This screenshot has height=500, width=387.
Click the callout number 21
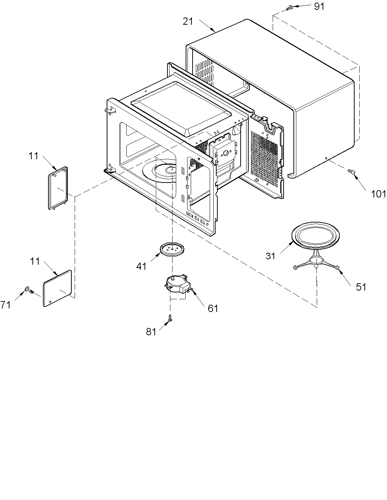point(188,21)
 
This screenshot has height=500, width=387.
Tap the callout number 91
point(319,7)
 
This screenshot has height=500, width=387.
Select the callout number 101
point(378,194)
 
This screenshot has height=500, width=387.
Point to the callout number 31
point(270,256)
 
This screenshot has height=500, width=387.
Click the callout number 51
point(361,287)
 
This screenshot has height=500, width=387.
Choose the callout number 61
point(213,308)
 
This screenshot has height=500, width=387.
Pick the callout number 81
point(151,332)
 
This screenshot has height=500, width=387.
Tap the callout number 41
point(141,266)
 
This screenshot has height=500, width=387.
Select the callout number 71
point(5,305)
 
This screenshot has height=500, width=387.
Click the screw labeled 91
point(290,7)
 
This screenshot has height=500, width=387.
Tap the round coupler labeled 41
point(172,249)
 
